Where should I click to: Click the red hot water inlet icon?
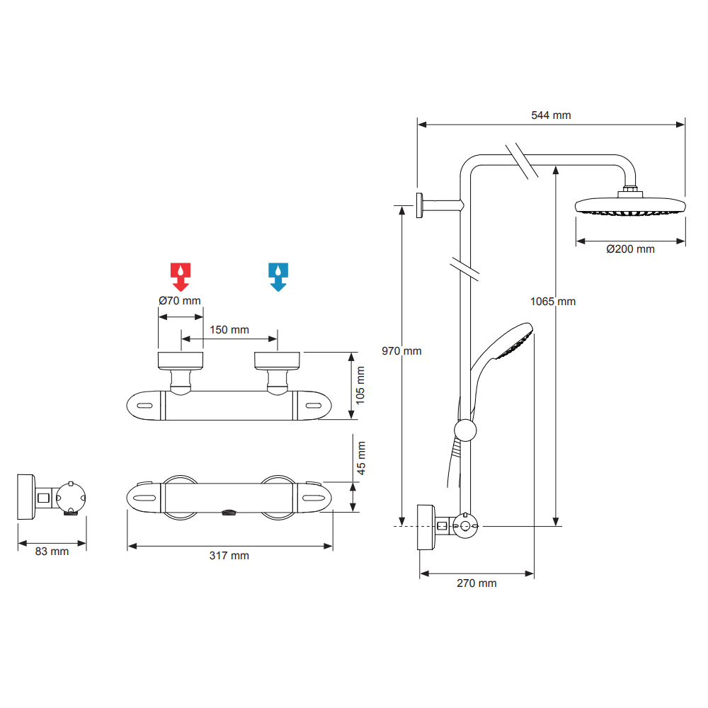coord(181,276)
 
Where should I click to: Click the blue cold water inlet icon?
coord(278,276)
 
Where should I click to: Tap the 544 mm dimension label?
coord(551,115)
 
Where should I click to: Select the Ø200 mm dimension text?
coord(630,249)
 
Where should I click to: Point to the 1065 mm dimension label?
coord(553,302)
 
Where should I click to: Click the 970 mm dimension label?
coord(401,351)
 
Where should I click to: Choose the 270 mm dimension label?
coord(476,583)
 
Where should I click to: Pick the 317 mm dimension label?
coord(229,556)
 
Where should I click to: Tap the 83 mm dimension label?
coord(52,551)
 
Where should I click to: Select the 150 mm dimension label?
coord(229,330)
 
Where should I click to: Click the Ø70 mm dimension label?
coord(179,300)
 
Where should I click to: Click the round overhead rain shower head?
coord(630,206)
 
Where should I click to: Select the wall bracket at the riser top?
coord(421,205)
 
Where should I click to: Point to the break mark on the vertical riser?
coord(465,267)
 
